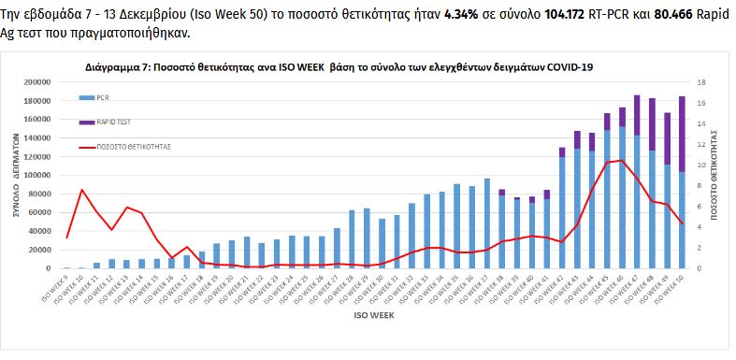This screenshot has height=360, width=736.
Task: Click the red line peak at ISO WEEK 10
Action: pyautogui.click(x=82, y=190)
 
